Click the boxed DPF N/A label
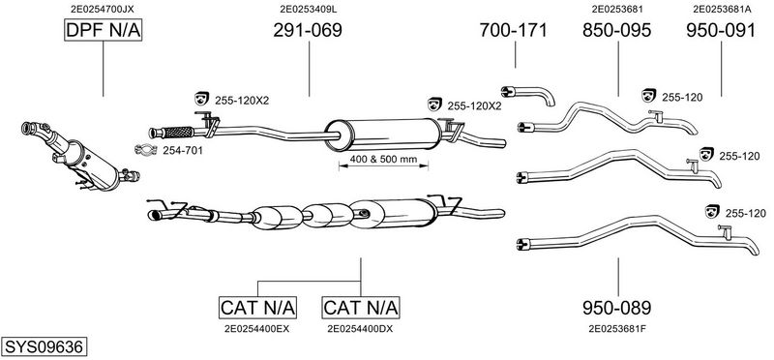coord(104,30)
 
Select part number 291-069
coord(308,30)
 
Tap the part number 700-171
coord(514,30)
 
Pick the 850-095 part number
coord(616,30)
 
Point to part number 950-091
coord(721,30)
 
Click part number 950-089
coord(616,308)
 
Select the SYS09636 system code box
coord(44,346)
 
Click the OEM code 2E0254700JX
coord(103,9)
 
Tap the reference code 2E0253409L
coord(309,9)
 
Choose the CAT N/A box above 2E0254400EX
coord(257,308)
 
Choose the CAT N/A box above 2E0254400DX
coord(360,308)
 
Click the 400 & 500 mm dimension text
coord(383,160)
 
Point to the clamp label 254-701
coord(183,151)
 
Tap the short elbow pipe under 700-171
coord(528,94)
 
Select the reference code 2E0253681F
coord(616,328)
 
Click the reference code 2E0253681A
coord(722,9)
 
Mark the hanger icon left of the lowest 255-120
coord(712,211)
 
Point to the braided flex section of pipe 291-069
coord(178,132)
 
